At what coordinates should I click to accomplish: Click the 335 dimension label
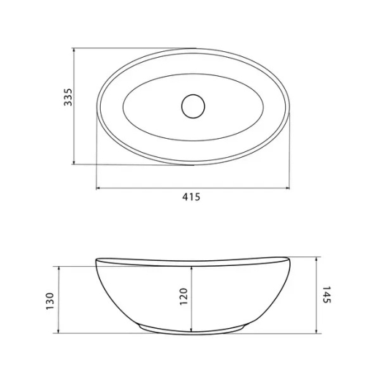coord(68,97)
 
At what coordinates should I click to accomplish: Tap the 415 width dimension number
coord(191,197)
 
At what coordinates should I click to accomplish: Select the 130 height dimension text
coord(50,301)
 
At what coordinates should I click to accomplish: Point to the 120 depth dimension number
coord(183,297)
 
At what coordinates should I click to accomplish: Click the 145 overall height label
coord(327,294)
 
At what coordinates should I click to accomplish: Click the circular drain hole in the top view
coord(193,106)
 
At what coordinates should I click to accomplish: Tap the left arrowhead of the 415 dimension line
coord(98,188)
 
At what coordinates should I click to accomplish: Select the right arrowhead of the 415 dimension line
coord(288,188)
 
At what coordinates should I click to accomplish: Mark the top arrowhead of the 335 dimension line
coord(74,50)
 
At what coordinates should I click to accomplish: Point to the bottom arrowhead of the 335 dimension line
coord(74,162)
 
